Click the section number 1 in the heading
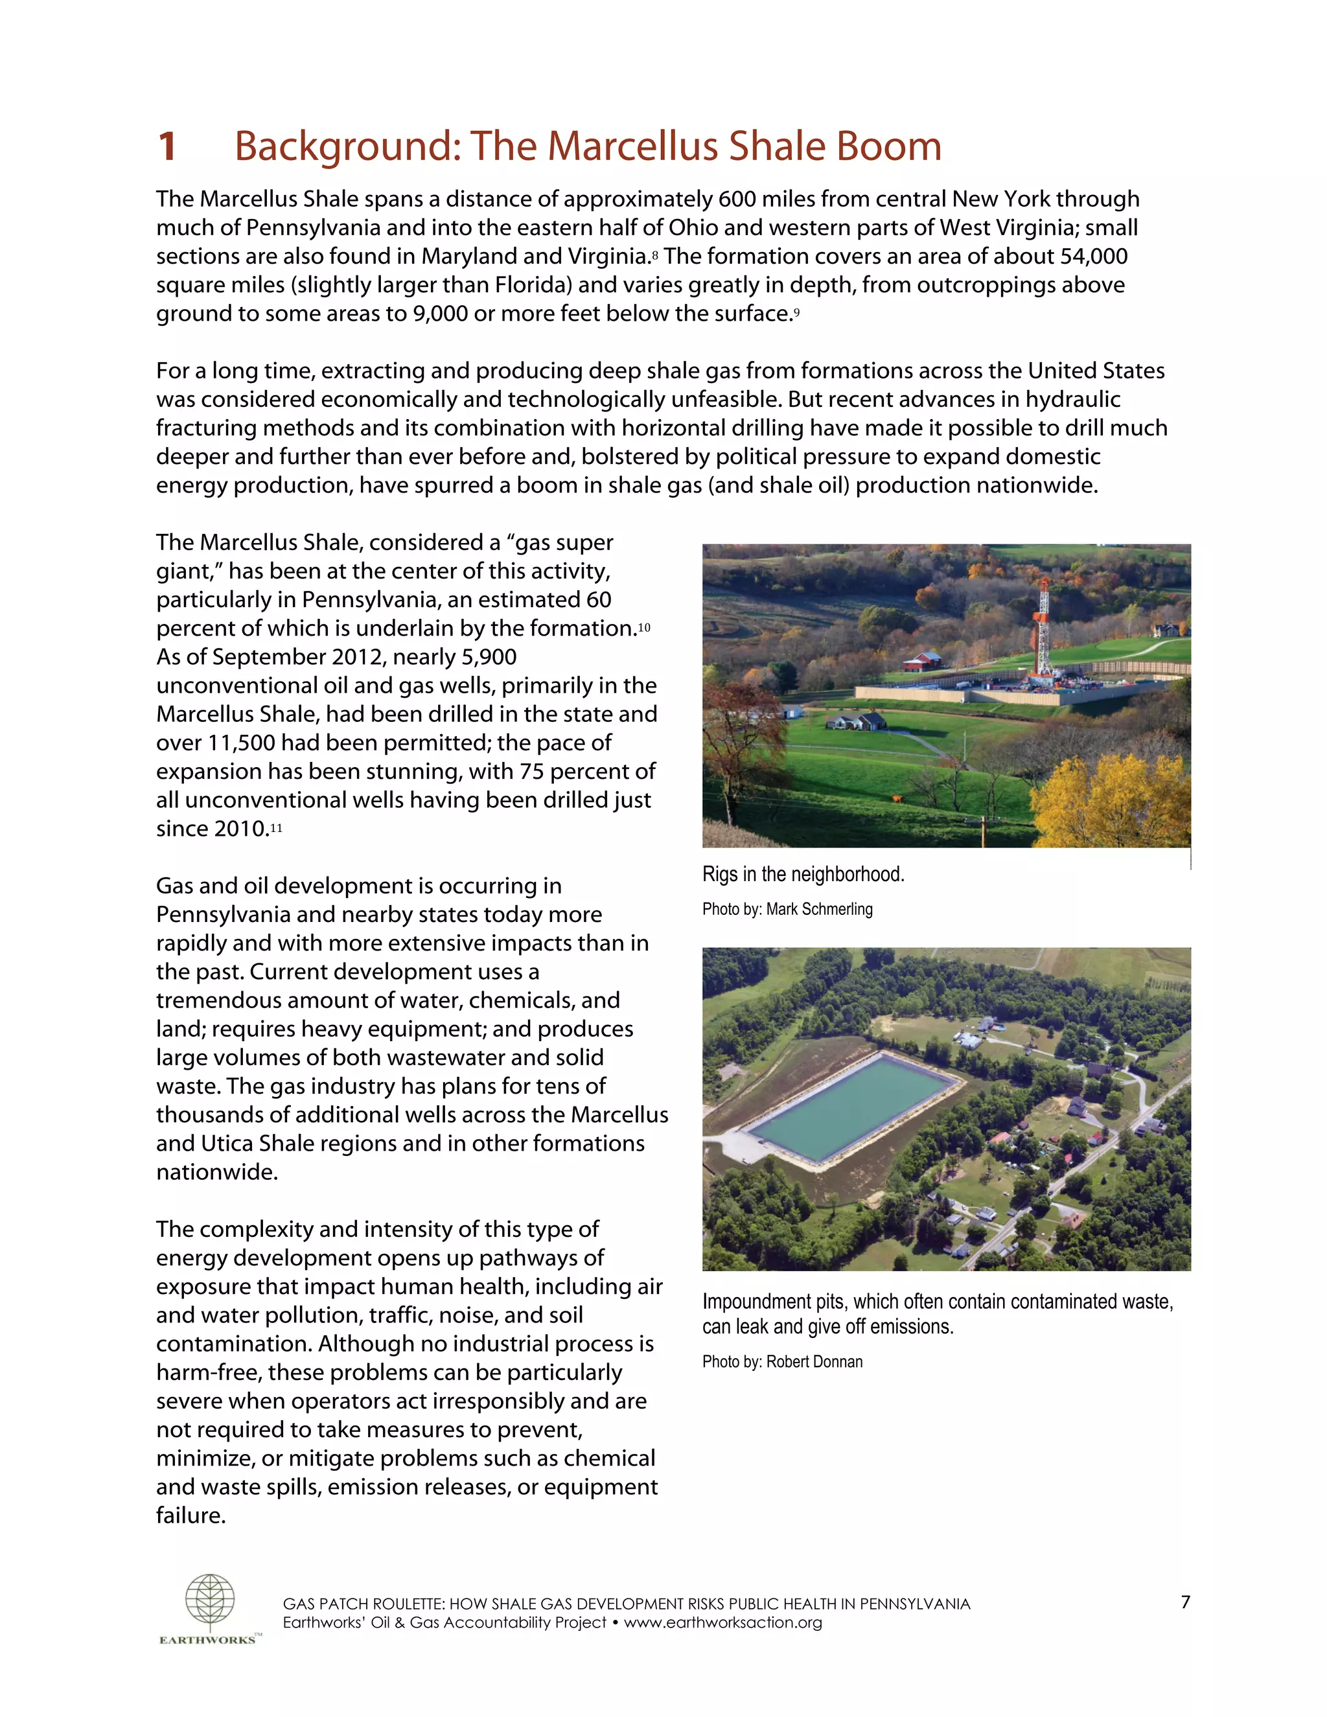point(167,147)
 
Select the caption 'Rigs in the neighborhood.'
point(803,874)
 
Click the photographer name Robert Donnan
point(814,1362)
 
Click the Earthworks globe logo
point(210,1603)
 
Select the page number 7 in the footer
point(1186,1602)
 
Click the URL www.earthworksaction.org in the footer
point(722,1622)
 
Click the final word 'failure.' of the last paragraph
point(191,1515)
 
